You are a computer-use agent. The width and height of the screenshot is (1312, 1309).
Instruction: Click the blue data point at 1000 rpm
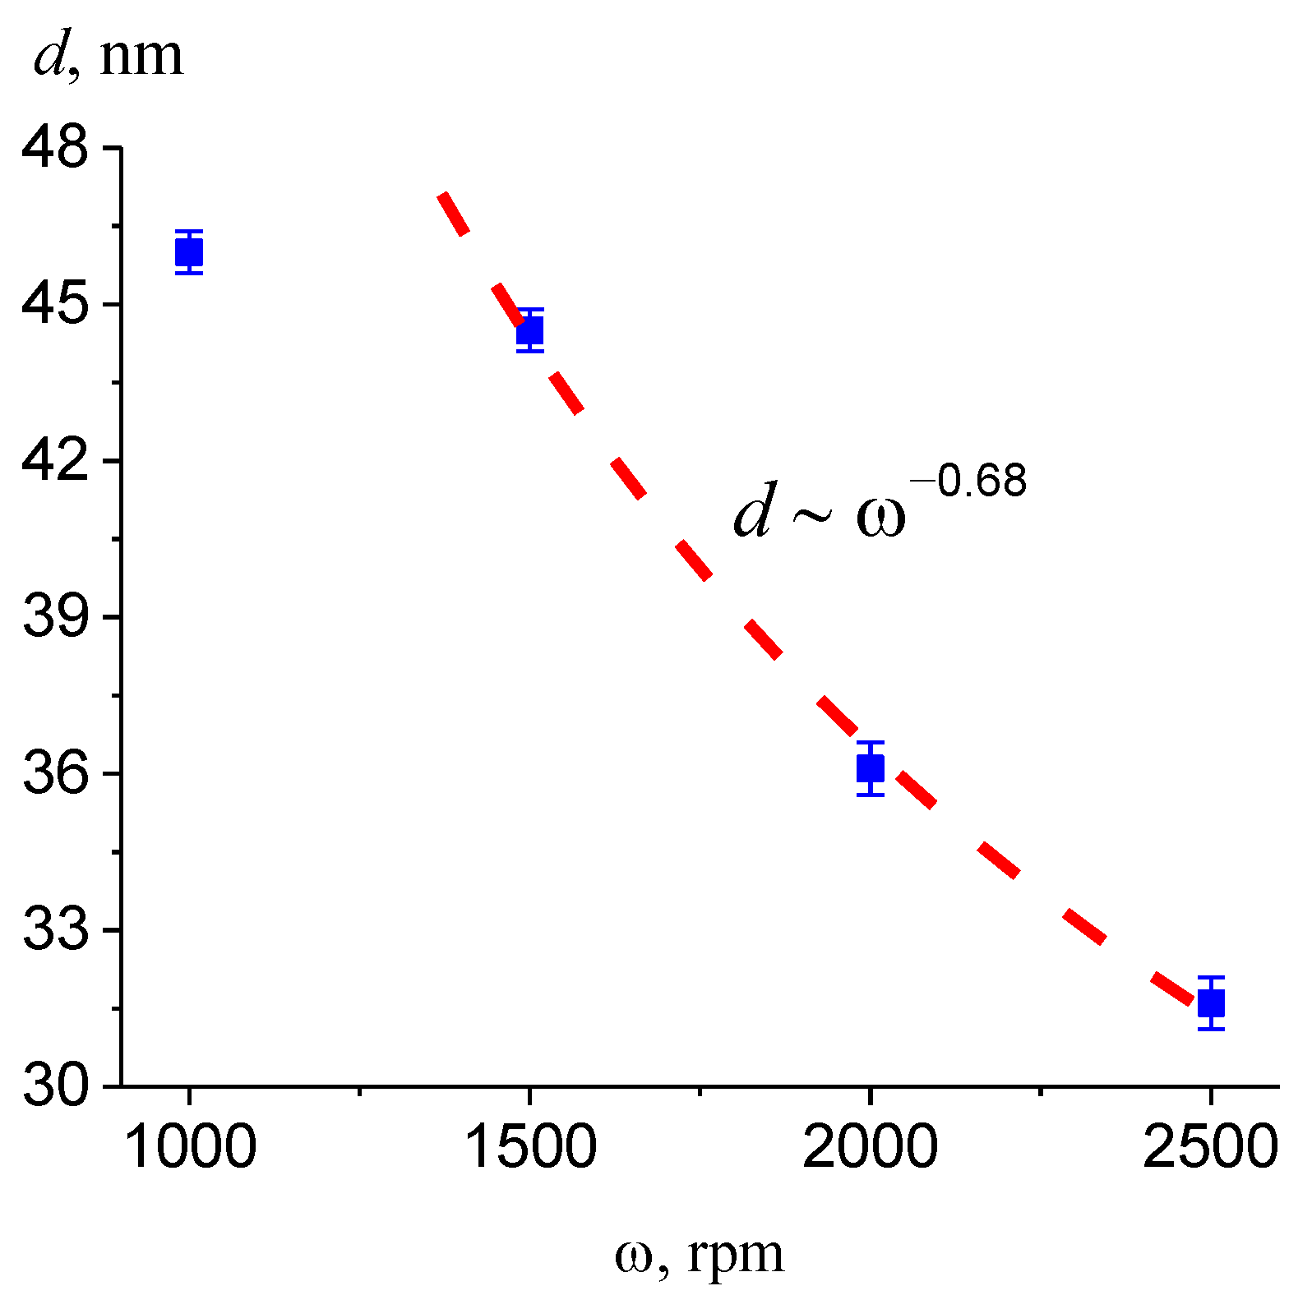(x=189, y=252)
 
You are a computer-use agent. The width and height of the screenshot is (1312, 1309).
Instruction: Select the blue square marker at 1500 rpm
(x=530, y=330)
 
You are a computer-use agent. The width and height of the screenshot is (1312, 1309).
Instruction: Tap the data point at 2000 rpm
(x=871, y=768)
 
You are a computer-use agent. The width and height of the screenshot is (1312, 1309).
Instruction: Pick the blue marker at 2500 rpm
(x=1211, y=1002)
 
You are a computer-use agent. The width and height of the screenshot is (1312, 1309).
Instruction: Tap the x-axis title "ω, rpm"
(x=700, y=1255)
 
